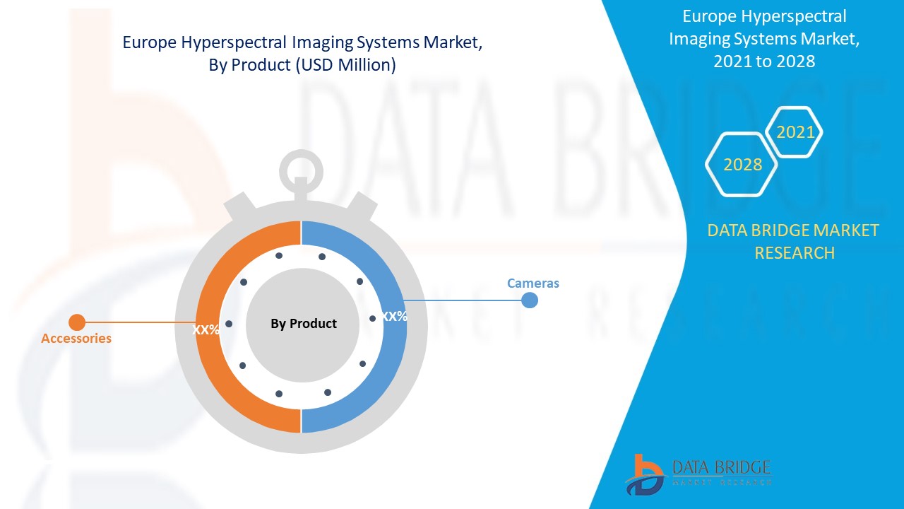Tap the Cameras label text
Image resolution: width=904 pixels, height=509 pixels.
(x=533, y=283)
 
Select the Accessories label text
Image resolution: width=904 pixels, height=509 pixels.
(x=76, y=339)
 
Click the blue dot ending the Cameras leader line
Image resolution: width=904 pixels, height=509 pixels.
(x=530, y=300)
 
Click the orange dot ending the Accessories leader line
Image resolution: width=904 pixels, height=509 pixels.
(x=77, y=322)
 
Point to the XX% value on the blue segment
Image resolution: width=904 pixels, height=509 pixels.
(x=393, y=317)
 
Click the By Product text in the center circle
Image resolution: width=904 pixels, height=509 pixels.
(x=304, y=324)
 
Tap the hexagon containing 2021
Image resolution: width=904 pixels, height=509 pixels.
(x=795, y=132)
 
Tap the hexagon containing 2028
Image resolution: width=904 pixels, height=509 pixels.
(x=743, y=165)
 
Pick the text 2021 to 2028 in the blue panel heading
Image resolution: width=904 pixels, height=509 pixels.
(x=764, y=62)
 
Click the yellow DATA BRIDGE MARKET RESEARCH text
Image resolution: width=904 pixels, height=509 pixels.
(x=793, y=241)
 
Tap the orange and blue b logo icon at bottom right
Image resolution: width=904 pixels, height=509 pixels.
(x=644, y=474)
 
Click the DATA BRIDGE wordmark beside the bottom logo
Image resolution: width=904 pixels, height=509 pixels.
(x=721, y=467)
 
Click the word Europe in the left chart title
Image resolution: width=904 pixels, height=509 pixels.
(x=150, y=42)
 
